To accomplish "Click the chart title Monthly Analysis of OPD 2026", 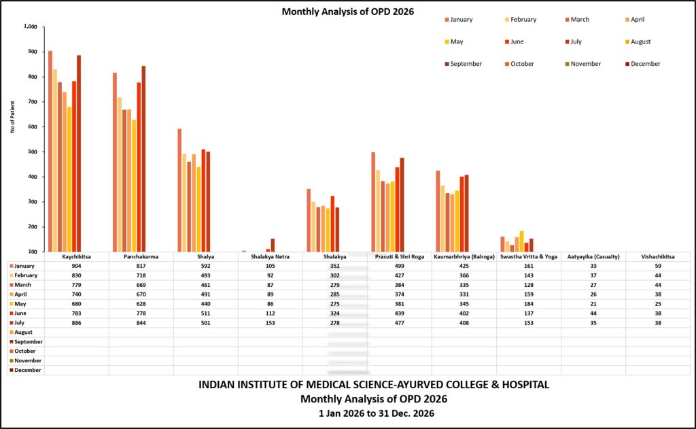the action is tap(347, 12).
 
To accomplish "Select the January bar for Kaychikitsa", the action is tap(50, 151).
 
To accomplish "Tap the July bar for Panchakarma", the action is tap(143, 158).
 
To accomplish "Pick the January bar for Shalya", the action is tap(179, 190).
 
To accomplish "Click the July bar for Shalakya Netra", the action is tap(273, 245).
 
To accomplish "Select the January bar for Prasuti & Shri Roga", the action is tap(373, 202).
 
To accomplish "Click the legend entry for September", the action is tap(464, 64).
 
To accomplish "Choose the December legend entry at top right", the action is tap(643, 64).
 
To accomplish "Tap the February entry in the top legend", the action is tap(521, 20).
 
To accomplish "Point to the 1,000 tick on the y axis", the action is tap(31, 27).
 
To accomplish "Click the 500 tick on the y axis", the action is tap(33, 152).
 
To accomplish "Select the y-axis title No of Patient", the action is tap(12, 117).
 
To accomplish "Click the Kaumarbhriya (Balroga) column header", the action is tap(464, 257).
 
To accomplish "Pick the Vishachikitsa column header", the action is tap(658, 257).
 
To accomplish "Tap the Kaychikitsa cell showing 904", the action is tap(76, 266).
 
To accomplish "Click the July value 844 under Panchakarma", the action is tap(141, 323).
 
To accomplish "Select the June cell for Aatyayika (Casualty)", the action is tap(593, 313).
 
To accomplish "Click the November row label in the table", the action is tap(25, 360).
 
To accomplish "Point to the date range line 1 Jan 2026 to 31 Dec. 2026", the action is tap(377, 413).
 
